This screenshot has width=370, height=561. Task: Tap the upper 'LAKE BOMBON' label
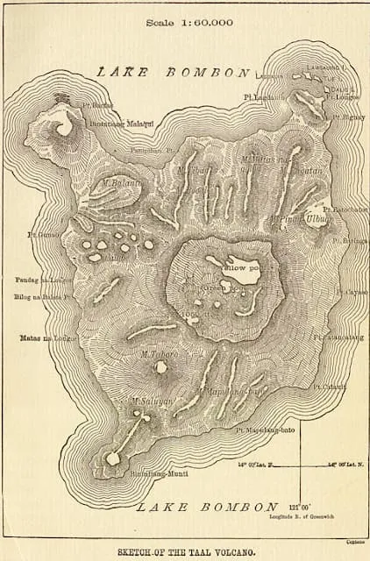pos(173,72)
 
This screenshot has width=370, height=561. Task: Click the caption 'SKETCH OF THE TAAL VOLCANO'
pos(184,550)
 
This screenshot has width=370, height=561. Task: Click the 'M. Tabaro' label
pos(159,354)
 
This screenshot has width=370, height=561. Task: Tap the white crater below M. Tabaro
pos(161,368)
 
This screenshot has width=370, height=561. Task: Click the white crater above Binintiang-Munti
pos(113,458)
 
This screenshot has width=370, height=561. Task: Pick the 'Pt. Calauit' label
pos(335,386)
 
